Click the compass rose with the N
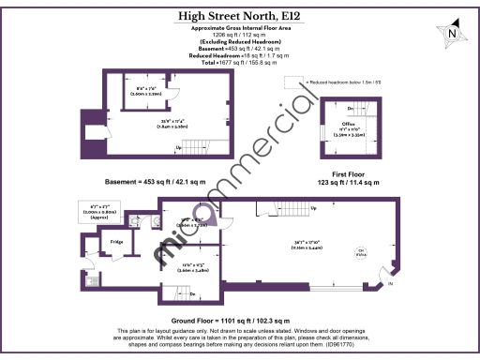coord(453,35)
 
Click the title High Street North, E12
coord(239,16)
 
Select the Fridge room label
coord(117,243)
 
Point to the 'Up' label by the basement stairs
coord(178,147)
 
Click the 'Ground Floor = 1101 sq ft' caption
coord(239,321)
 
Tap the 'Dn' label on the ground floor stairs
coord(192,293)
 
